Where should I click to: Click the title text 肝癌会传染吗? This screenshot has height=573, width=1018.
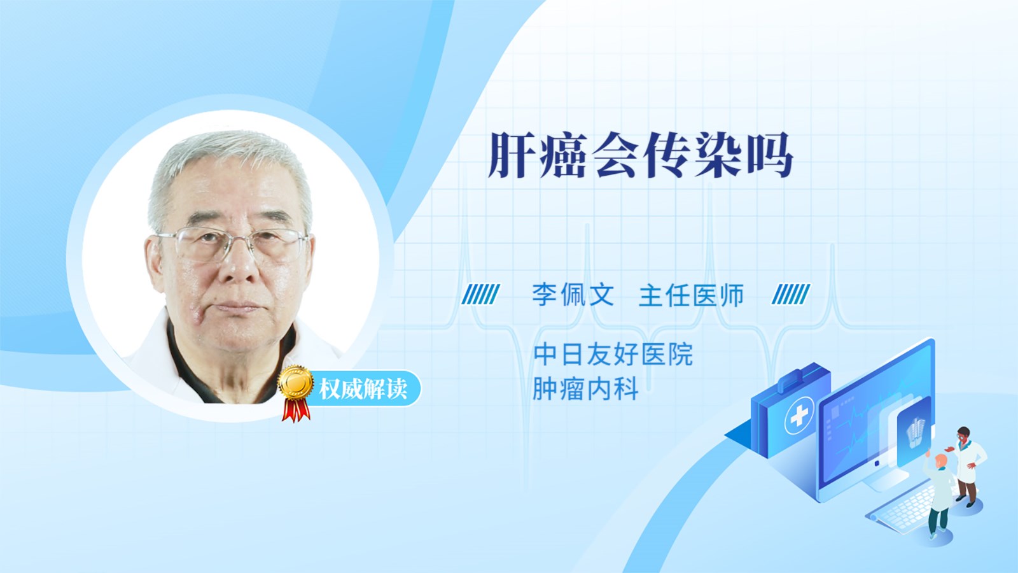click(641, 155)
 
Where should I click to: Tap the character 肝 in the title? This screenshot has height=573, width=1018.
click(510, 155)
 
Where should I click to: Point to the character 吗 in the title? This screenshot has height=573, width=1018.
click(770, 155)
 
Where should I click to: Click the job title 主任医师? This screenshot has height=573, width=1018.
click(691, 295)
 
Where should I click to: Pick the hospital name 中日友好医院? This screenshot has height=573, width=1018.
click(613, 354)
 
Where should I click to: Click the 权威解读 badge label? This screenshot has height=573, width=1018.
click(363, 389)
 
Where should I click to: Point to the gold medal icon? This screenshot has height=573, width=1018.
click(296, 383)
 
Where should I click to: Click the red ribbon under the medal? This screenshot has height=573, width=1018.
click(296, 409)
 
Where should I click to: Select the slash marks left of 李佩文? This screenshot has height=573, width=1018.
click(480, 294)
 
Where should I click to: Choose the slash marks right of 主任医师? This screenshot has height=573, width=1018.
click(791, 294)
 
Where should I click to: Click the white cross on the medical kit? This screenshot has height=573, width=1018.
click(799, 415)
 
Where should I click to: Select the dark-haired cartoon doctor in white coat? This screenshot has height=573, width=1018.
click(966, 466)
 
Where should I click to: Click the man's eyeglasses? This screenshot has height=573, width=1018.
click(232, 244)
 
